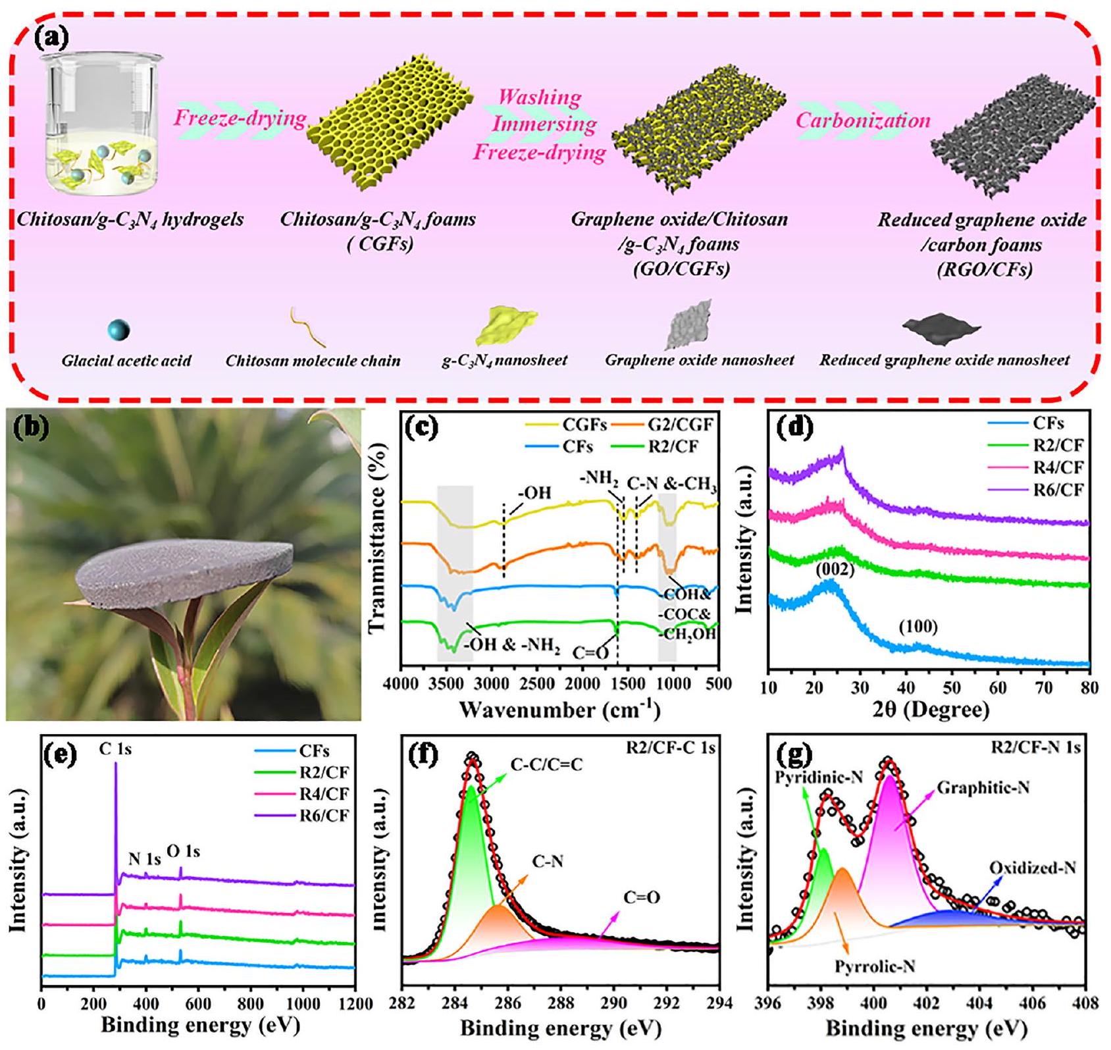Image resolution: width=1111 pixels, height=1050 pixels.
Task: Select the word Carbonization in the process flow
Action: pyautogui.click(x=863, y=120)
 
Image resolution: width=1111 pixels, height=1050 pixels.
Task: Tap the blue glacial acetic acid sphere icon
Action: pyautogui.click(x=118, y=330)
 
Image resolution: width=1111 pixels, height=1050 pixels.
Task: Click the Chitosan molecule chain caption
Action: pyautogui.click(x=313, y=361)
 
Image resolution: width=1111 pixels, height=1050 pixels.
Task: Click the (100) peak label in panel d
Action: pyautogui.click(x=918, y=627)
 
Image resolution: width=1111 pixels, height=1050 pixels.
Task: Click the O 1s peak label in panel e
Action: pyautogui.click(x=182, y=852)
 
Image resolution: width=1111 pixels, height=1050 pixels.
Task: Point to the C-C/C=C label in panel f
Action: pyautogui.click(x=546, y=764)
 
